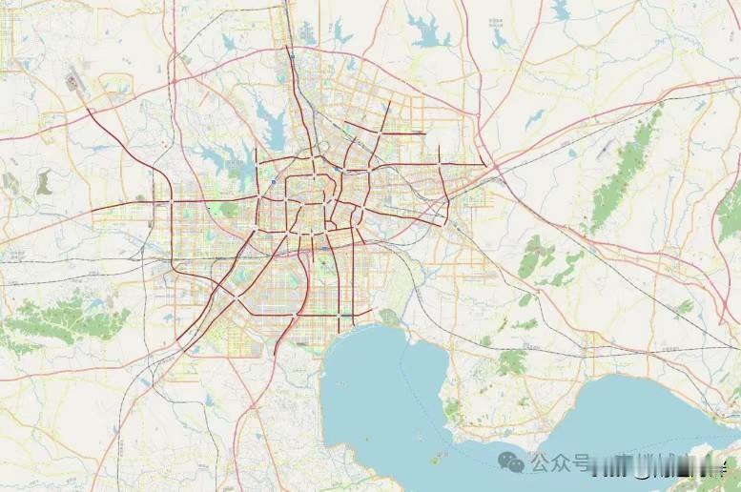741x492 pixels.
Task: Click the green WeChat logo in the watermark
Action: click(x=514, y=462)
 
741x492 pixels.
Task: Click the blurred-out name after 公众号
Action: click(x=658, y=465)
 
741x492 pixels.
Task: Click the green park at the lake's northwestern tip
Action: click(x=387, y=316)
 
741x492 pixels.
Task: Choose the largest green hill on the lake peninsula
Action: click(x=511, y=361)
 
